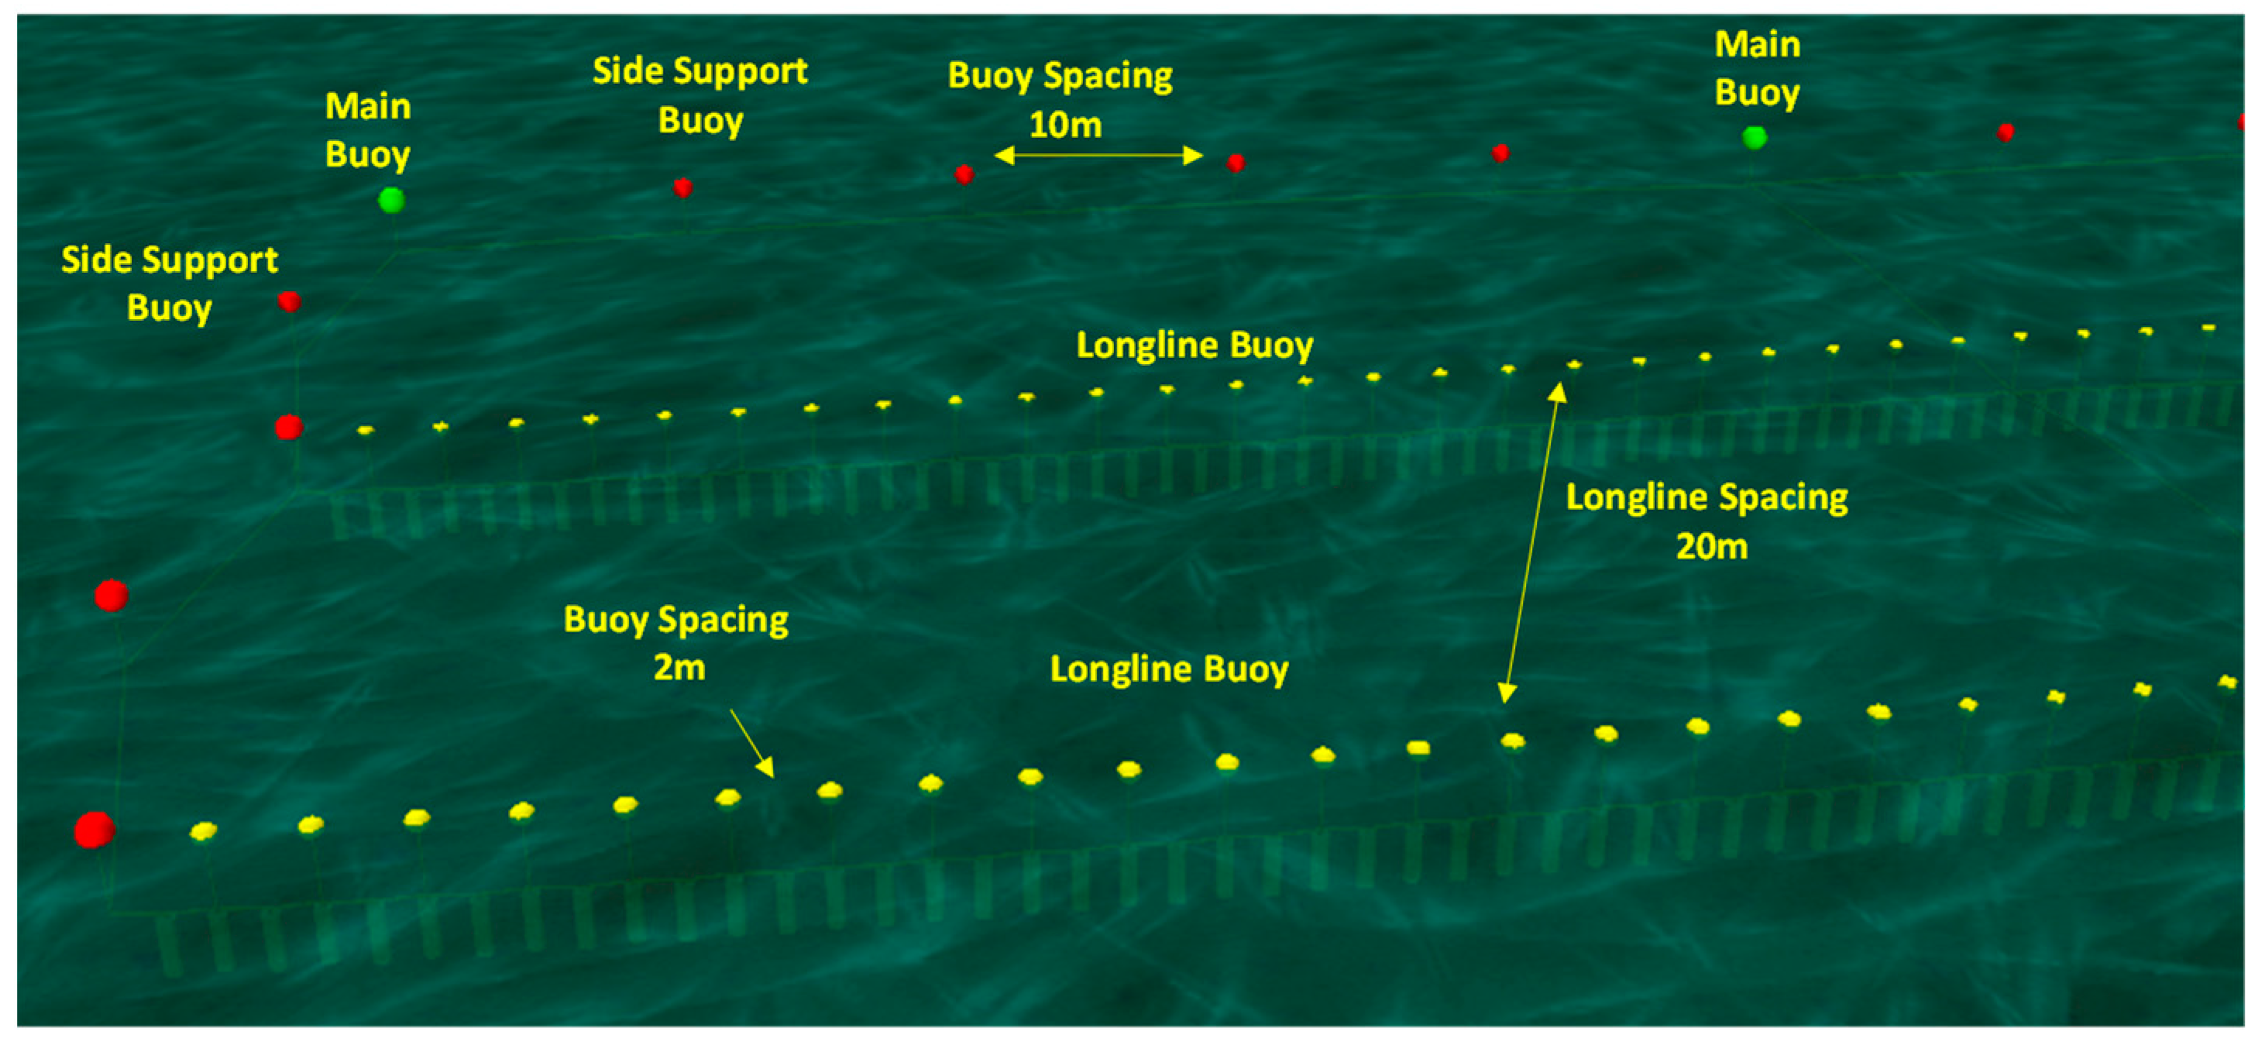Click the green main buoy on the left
coord(391,200)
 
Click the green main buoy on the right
coord(1754,138)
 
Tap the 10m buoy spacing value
coord(1065,125)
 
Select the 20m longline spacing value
coord(1711,547)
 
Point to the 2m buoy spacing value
coord(679,668)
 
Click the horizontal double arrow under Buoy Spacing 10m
coord(1098,156)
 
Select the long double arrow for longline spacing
coord(1531,544)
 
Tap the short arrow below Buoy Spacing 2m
coord(752,744)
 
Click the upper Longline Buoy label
coord(1194,345)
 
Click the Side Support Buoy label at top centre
coord(699,95)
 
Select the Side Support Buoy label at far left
coord(169,284)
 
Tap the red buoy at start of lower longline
coord(94,830)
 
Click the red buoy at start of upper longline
coord(289,428)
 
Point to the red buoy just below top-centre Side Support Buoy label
coord(683,187)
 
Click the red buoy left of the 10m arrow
coord(964,174)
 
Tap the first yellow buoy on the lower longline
coord(204,830)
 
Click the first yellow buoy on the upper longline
coord(366,431)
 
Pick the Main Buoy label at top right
coord(1757,68)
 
